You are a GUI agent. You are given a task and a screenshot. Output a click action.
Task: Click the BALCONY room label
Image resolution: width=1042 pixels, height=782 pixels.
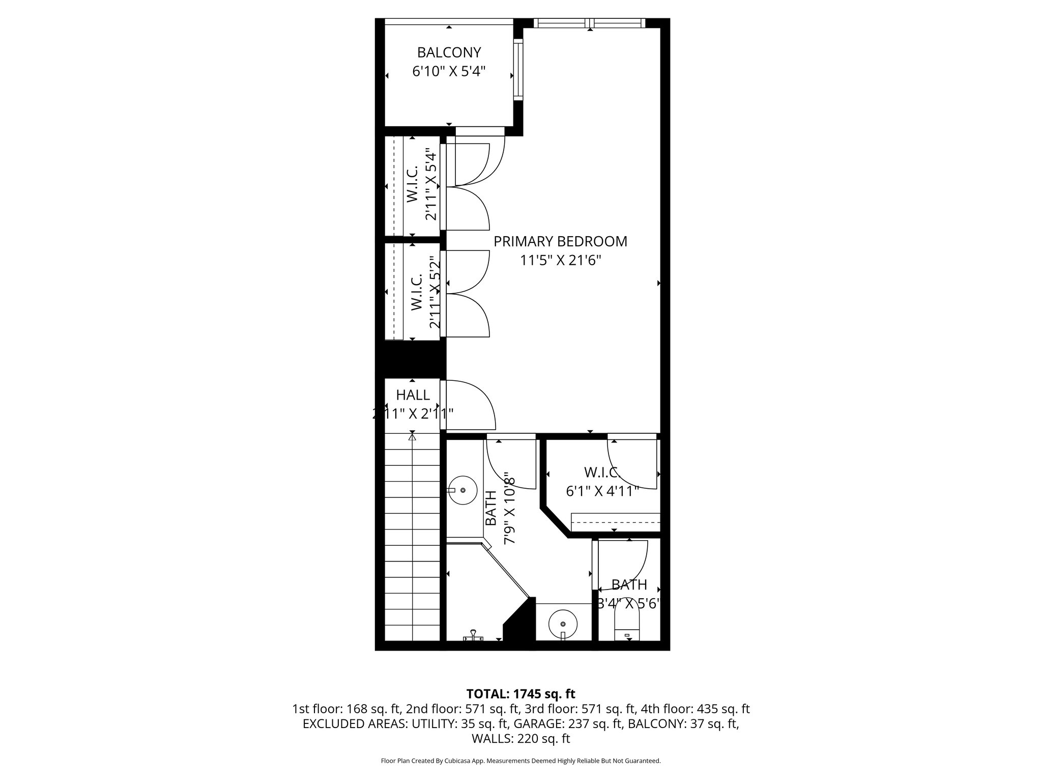tap(449, 52)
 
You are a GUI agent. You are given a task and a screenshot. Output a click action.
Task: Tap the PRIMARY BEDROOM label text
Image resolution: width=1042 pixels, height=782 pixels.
tap(560, 241)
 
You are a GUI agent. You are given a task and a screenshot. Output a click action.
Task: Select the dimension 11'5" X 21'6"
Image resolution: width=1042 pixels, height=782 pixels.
tap(560, 261)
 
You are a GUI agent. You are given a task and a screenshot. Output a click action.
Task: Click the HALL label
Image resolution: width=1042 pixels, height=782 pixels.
tap(413, 395)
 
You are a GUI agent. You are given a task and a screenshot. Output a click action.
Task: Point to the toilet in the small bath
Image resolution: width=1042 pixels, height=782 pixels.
tap(626, 626)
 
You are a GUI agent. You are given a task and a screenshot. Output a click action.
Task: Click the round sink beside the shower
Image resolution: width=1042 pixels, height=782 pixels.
tap(563, 624)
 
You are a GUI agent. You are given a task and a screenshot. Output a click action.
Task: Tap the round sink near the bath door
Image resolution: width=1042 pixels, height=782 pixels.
tap(463, 490)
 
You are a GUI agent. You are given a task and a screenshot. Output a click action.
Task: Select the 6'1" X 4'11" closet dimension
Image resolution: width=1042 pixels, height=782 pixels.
tap(602, 491)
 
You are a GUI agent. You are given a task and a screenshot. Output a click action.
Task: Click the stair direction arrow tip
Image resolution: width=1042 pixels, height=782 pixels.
tap(412, 436)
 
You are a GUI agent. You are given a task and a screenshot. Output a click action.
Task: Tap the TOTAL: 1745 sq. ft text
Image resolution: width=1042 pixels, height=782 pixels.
tap(520, 693)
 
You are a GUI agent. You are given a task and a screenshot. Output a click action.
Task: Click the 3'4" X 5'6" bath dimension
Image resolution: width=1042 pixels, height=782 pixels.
tap(629, 604)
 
